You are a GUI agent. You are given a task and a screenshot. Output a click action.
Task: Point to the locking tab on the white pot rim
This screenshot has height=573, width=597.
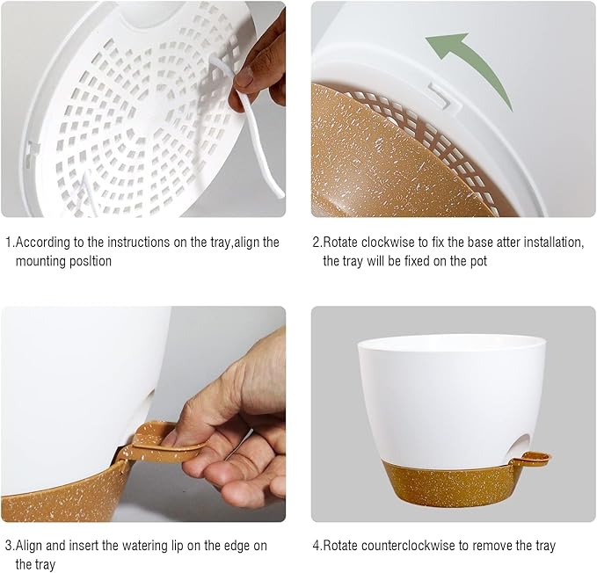[437, 92]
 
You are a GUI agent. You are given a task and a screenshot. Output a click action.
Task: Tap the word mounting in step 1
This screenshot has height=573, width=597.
[41, 261]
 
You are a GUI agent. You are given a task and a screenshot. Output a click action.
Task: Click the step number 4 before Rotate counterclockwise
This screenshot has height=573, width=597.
[317, 546]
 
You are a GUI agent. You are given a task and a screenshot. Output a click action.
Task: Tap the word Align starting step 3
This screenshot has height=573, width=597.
[31, 546]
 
